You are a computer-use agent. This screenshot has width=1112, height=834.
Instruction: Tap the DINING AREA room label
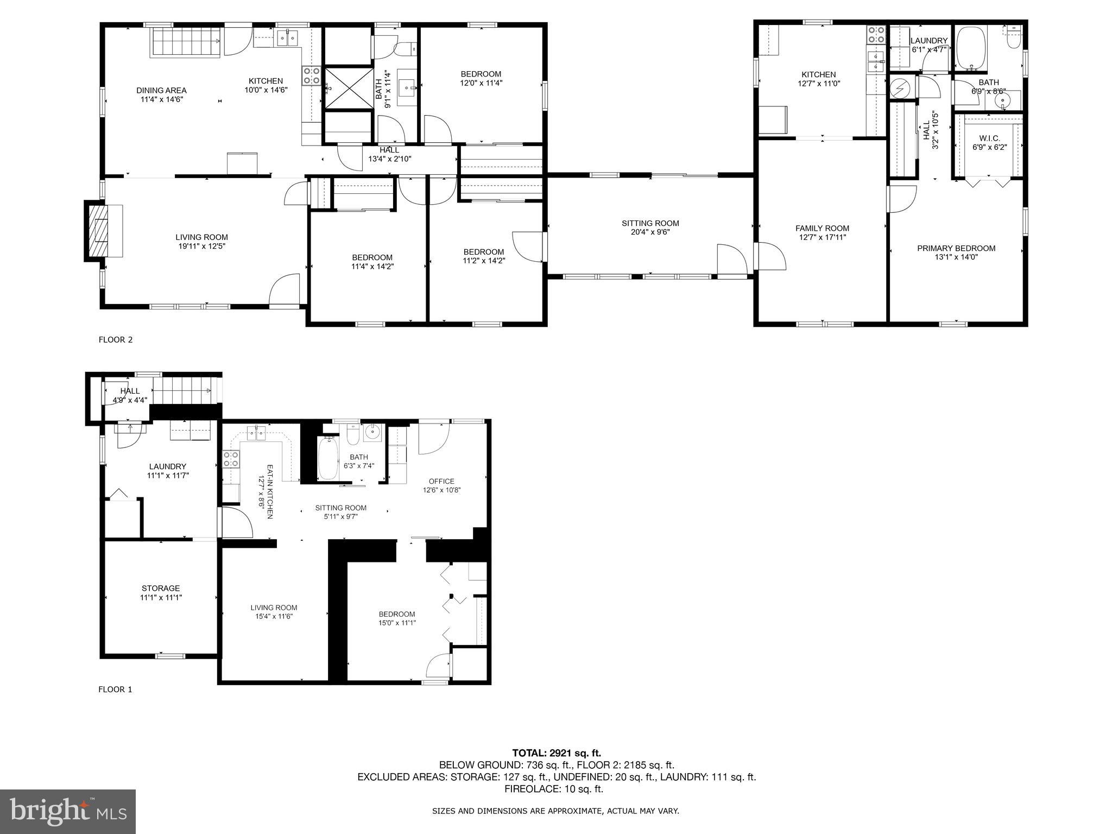(161, 94)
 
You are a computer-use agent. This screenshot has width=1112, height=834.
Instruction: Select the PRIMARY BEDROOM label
(956, 252)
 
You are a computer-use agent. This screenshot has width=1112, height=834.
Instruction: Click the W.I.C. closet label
(989, 142)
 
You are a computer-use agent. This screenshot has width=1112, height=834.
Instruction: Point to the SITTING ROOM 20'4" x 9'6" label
(650, 228)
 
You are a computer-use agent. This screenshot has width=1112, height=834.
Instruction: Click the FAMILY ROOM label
(822, 232)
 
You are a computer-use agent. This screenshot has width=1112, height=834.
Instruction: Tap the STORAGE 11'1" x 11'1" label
(160, 592)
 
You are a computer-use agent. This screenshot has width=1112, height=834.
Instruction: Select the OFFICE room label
(441, 485)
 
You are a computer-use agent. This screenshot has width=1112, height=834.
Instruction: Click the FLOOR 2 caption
(115, 340)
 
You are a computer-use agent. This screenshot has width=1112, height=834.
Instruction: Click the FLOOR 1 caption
(115, 690)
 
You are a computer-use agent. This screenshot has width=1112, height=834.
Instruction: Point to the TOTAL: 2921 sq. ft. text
(556, 753)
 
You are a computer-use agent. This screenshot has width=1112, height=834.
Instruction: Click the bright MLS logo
(67, 811)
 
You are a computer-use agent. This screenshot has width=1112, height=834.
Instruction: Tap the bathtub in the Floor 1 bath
(327, 459)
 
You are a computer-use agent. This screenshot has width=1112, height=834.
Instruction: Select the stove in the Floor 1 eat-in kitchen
(231, 459)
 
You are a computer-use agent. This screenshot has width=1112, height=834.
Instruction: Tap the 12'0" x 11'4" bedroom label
(481, 78)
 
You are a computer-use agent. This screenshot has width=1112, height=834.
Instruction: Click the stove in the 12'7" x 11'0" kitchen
(875, 35)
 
